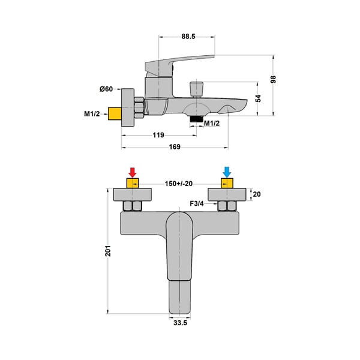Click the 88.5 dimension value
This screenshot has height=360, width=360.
(188, 37)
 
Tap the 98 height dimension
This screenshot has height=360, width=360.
(273, 79)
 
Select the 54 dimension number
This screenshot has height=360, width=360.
(258, 98)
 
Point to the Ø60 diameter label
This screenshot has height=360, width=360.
(106, 89)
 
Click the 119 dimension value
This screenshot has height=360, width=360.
(158, 135)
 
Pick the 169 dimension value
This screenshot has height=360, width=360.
(175, 147)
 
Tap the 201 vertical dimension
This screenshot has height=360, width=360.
(108, 251)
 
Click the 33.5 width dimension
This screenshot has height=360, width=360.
(180, 323)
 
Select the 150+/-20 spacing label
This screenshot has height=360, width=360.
(179, 184)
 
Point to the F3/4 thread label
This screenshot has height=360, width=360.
(197, 203)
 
